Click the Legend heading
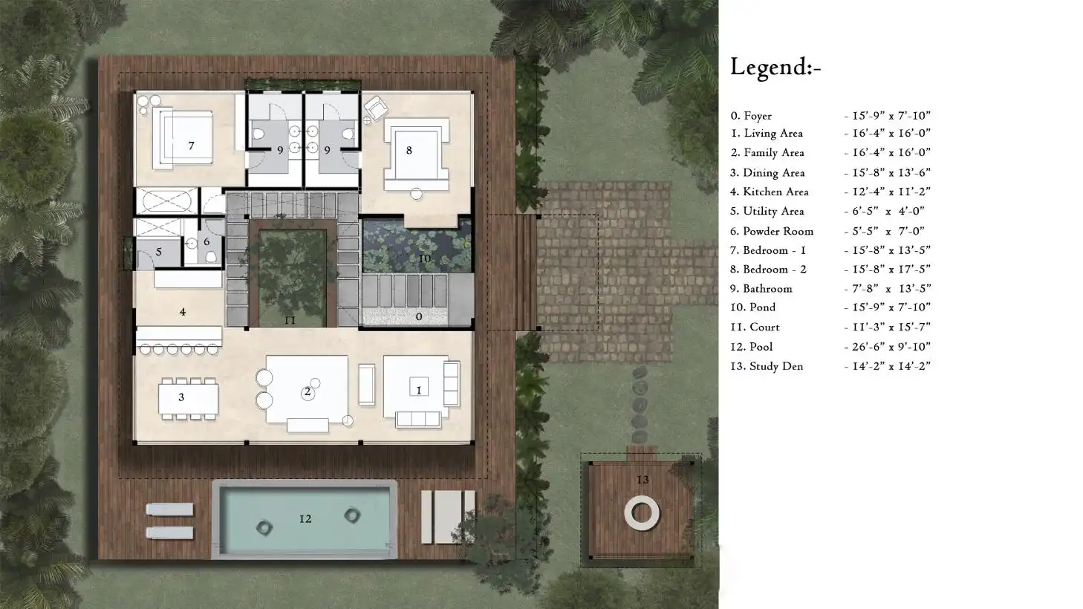click(775, 68)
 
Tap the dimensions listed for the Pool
click(887, 347)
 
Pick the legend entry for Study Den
click(767, 366)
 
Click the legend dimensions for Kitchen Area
click(887, 192)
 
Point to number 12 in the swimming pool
click(305, 518)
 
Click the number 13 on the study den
click(643, 480)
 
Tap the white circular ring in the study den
click(642, 513)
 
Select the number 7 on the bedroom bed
click(191, 146)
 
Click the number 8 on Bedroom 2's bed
click(409, 150)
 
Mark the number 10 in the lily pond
click(424, 258)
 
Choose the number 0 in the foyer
click(419, 317)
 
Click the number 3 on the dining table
click(181, 397)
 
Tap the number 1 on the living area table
click(418, 390)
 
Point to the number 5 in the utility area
click(158, 253)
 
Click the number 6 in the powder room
click(206, 241)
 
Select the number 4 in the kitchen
click(183, 312)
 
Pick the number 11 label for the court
click(290, 320)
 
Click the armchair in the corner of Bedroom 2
click(375, 108)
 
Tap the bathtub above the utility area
click(167, 201)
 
